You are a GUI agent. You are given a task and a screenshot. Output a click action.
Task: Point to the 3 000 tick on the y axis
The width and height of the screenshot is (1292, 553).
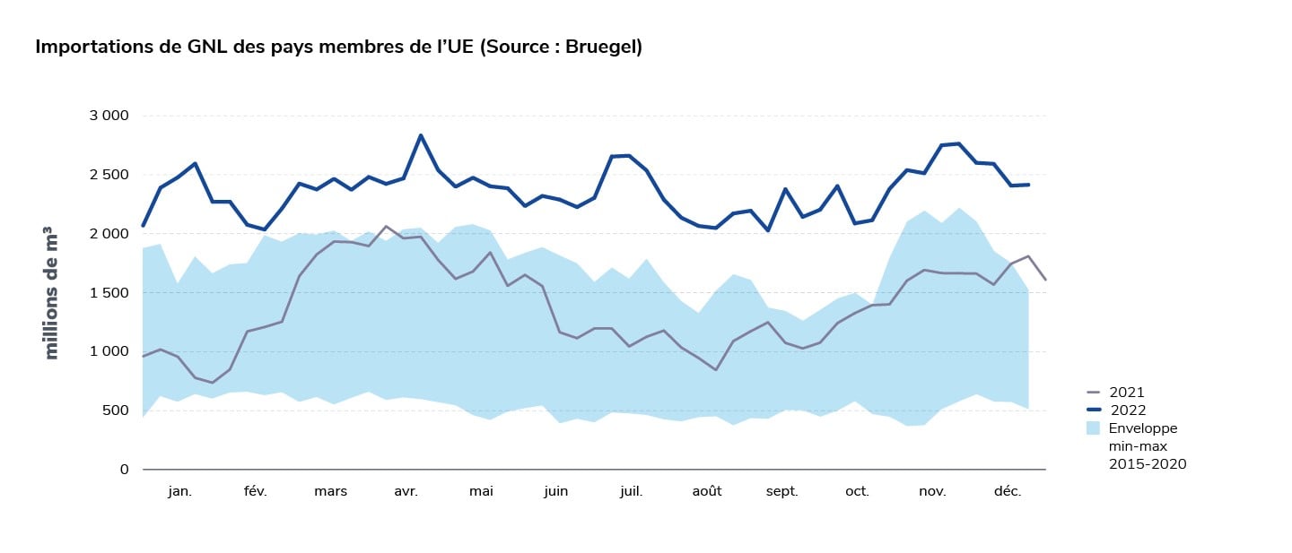(109, 116)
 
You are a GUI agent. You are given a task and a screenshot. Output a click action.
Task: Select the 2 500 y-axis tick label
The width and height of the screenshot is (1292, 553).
(109, 175)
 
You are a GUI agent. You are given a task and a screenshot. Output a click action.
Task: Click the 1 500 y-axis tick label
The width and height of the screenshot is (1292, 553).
(109, 292)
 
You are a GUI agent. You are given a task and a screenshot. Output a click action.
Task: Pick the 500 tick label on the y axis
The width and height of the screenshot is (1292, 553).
(114, 410)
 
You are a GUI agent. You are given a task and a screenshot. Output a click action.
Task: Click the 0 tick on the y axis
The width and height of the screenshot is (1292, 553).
(125, 470)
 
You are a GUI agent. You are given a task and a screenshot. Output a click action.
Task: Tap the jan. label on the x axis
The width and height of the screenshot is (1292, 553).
(179, 491)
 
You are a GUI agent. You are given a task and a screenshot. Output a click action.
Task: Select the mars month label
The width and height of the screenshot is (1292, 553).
(330, 491)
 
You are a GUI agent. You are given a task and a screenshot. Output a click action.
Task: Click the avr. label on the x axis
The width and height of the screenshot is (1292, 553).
(406, 491)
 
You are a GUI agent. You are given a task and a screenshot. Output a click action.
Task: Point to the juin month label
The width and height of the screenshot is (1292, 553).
(555, 491)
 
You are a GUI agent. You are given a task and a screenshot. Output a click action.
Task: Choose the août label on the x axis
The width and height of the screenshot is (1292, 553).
(707, 491)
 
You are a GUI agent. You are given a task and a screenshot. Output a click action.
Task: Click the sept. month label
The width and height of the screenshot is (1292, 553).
(782, 491)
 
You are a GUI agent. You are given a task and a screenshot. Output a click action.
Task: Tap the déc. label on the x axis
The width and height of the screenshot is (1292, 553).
(1008, 491)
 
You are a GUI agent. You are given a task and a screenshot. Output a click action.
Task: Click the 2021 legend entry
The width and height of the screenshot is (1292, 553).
(1126, 393)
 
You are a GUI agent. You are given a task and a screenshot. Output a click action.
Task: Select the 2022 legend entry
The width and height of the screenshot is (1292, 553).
(1126, 410)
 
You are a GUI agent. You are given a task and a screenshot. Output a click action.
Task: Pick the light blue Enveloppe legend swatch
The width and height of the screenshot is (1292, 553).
(1092, 428)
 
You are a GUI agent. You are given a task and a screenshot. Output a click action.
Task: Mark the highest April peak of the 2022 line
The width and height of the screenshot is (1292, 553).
(420, 135)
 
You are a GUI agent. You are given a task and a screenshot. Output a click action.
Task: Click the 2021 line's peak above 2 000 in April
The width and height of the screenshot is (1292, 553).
(386, 226)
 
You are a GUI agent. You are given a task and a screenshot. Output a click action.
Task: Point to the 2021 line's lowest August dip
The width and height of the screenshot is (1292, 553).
(715, 369)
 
